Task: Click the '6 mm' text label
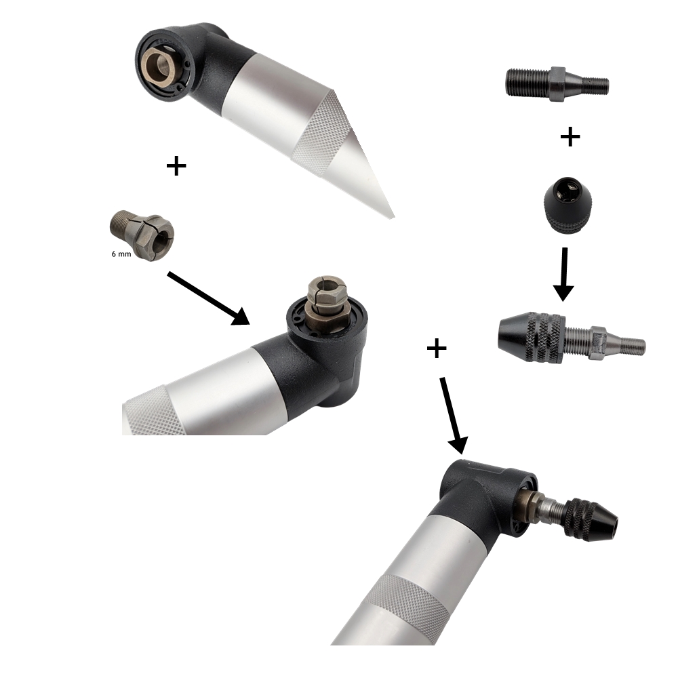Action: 121,254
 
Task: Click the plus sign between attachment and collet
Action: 176,165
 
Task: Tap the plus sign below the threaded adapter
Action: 570,137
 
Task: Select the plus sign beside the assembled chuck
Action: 436,348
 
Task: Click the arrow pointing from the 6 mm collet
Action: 208,298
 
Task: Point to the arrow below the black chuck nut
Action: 563,274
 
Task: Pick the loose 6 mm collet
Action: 142,235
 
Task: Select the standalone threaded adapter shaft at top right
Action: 557,84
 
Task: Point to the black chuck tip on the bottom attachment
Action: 593,519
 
